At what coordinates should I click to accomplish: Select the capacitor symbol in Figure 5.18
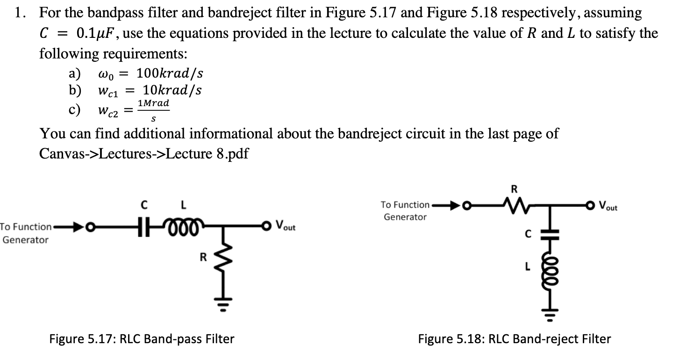click(550, 233)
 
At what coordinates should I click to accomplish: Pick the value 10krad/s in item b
click(172, 90)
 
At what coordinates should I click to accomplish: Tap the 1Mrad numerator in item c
click(154, 103)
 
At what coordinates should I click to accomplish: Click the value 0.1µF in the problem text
click(98, 34)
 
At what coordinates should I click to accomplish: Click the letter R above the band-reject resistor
click(514, 189)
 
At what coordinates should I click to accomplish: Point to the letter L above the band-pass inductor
click(184, 205)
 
